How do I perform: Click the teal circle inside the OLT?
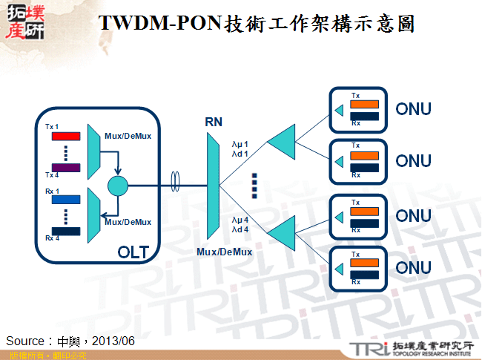(x=117, y=186)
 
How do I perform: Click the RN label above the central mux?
(x=214, y=121)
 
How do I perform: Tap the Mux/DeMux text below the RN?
(x=224, y=252)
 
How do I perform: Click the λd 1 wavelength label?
(x=240, y=154)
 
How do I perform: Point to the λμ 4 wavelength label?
(x=240, y=220)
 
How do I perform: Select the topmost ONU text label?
(x=413, y=110)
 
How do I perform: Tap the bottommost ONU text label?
(x=413, y=267)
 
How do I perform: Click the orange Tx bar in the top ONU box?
(x=366, y=105)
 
